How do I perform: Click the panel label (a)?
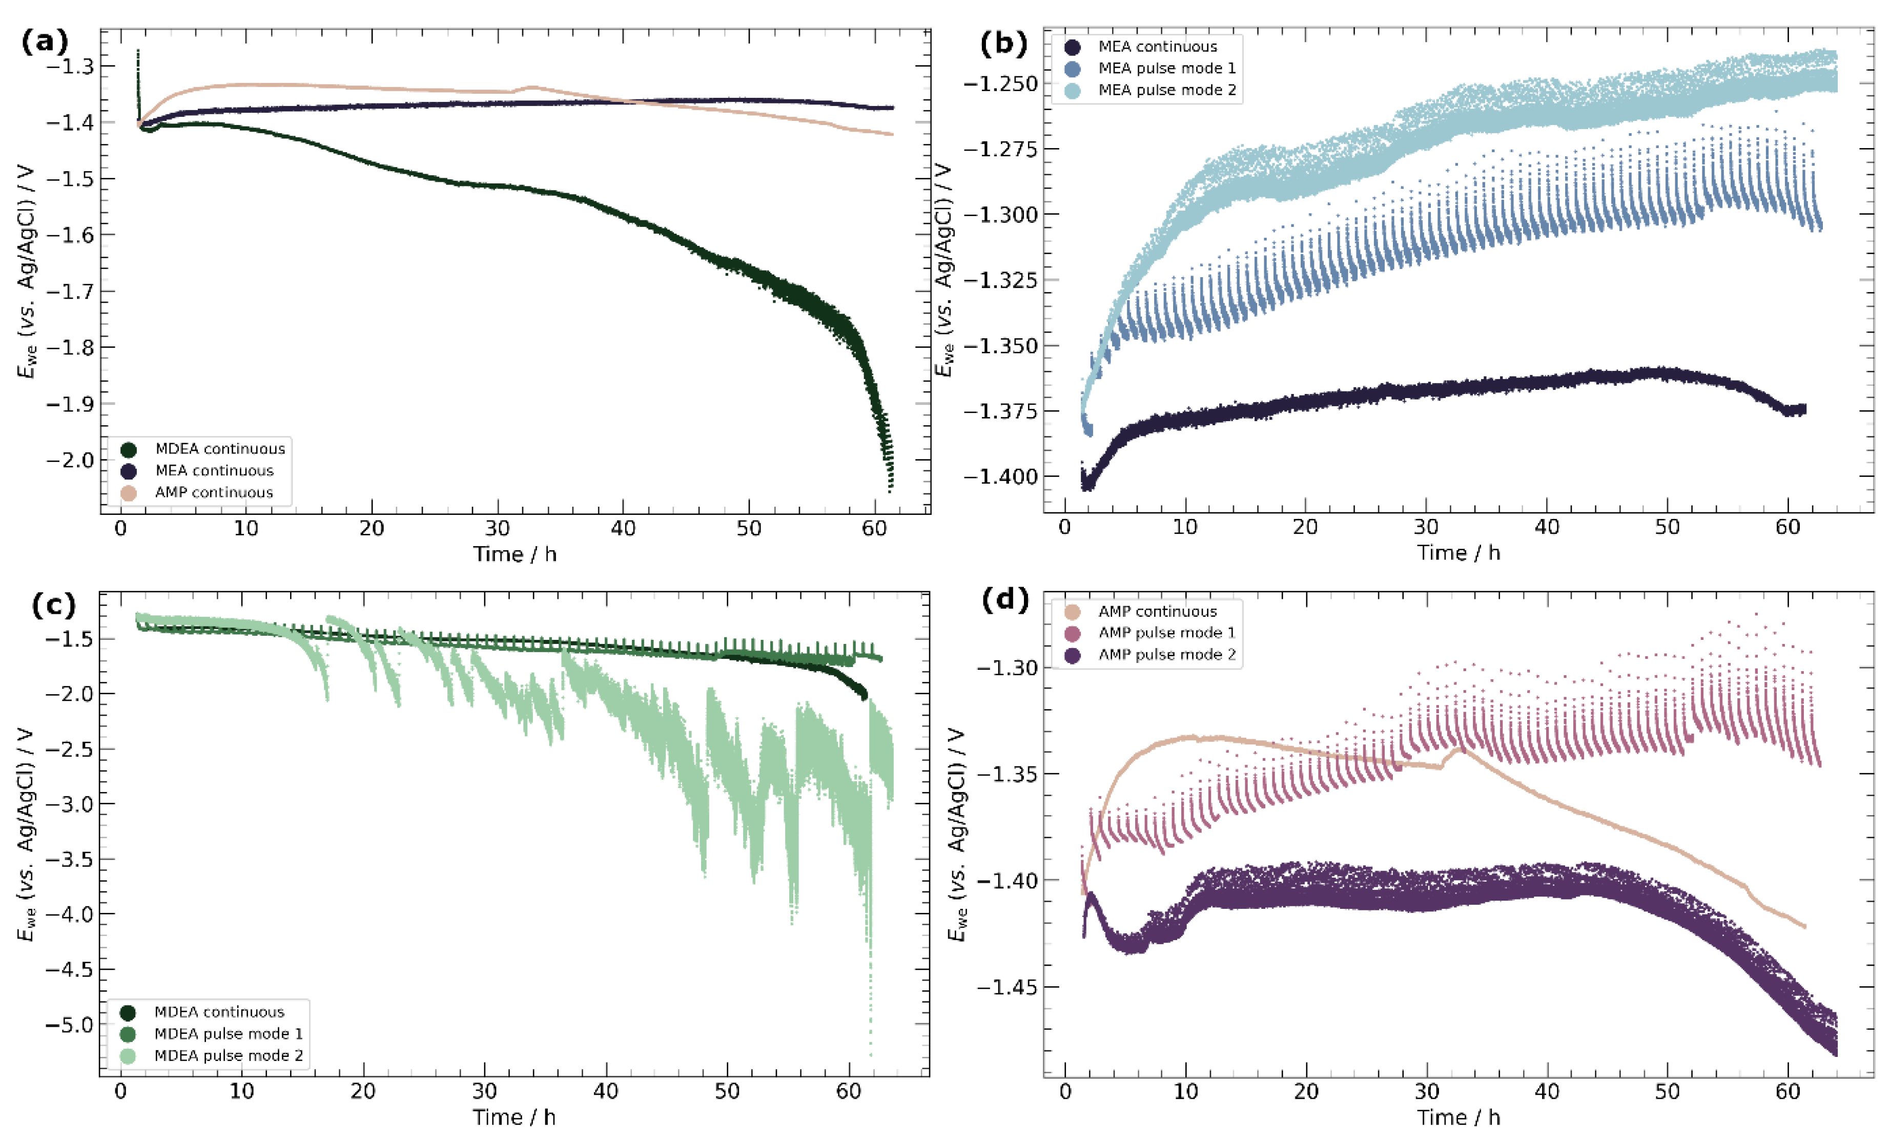click(x=45, y=40)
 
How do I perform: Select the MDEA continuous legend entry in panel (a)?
click(x=219, y=449)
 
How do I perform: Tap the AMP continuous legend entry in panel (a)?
click(x=213, y=493)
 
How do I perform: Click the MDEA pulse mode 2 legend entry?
click(x=228, y=1056)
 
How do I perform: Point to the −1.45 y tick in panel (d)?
click(x=1007, y=987)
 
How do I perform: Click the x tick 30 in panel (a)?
click(x=497, y=529)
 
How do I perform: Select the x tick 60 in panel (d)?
click(x=1787, y=1091)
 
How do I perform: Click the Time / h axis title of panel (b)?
click(x=1457, y=553)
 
